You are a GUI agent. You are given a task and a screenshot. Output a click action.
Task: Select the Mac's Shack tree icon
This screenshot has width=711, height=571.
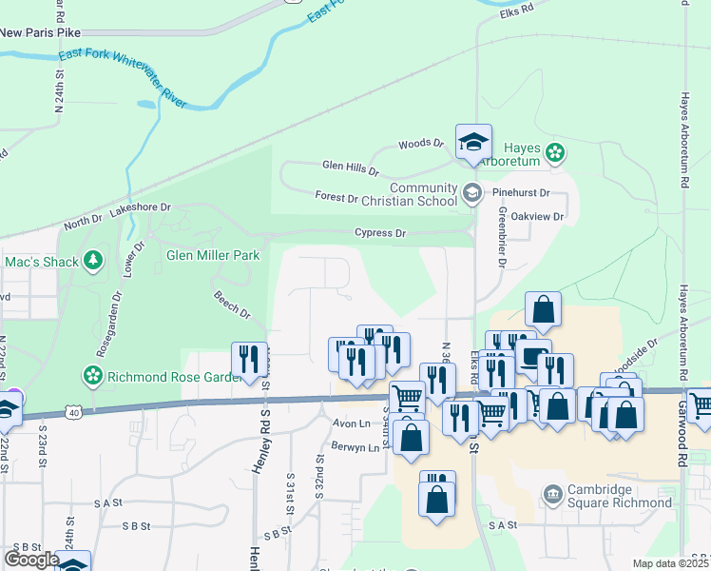92,260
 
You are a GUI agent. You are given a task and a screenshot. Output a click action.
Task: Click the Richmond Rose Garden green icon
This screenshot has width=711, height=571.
92,376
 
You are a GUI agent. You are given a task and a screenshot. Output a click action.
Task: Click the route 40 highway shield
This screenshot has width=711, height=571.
73,412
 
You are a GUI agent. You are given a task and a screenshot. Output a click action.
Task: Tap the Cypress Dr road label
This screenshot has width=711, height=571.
380,233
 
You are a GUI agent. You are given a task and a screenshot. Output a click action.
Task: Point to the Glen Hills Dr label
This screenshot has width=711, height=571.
350,168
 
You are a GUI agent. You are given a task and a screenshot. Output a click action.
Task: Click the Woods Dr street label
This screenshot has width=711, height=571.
421,144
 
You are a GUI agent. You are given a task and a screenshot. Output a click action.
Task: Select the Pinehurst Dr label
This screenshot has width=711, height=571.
521,192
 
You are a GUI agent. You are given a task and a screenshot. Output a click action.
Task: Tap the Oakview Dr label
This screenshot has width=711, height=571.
538,217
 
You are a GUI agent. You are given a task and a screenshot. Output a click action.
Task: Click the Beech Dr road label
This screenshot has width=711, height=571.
232,305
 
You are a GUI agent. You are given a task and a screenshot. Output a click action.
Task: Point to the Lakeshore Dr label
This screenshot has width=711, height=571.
140,207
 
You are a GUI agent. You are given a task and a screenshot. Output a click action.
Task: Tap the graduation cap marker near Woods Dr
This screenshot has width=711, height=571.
473,143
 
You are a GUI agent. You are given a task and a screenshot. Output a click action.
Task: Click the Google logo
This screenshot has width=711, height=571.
31,560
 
